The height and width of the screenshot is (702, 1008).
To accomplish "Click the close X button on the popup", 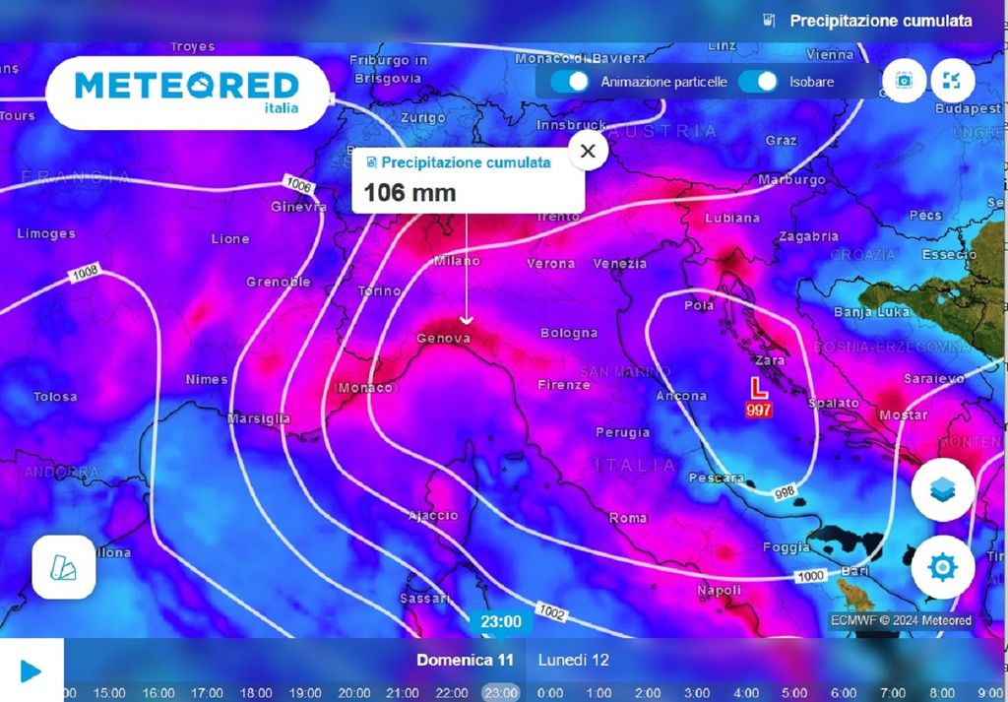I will [x=588, y=152].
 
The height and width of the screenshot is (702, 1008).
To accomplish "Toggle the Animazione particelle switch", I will [x=570, y=82].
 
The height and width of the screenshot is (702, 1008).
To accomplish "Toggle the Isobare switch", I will [x=758, y=82].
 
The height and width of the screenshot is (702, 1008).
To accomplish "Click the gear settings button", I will [x=942, y=567].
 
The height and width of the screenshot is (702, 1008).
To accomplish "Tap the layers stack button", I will [x=942, y=489].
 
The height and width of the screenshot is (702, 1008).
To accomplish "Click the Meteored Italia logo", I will [x=187, y=92].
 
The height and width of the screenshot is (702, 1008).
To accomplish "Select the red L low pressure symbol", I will [x=758, y=388].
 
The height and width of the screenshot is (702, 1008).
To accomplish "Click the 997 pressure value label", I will [x=759, y=410].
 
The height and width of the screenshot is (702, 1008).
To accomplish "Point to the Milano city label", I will [x=457, y=261].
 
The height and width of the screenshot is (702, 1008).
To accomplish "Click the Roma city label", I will [x=628, y=518].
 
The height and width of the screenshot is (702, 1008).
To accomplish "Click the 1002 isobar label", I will [x=552, y=613].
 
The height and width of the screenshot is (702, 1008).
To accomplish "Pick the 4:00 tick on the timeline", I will [x=745, y=692].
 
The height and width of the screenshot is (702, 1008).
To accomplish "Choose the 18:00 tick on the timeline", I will [x=256, y=692].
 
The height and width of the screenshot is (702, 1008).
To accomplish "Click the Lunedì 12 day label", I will [x=574, y=660].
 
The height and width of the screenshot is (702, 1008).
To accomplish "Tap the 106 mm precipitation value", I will [x=409, y=192].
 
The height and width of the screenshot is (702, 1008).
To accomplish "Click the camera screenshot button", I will [x=905, y=81].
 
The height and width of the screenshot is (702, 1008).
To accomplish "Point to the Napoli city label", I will [x=719, y=590].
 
